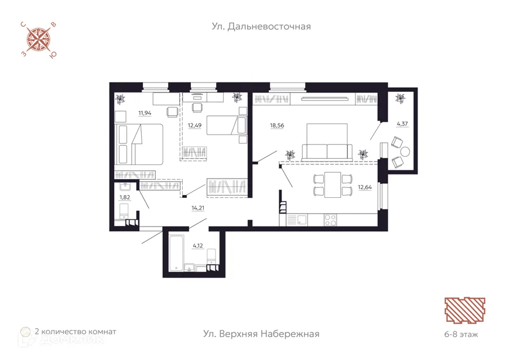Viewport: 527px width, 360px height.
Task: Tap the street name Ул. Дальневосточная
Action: pyautogui.click(x=261, y=26)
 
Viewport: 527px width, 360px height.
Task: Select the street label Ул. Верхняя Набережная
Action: pyautogui.click(x=261, y=334)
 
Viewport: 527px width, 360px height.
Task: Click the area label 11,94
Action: pyautogui.click(x=145, y=113)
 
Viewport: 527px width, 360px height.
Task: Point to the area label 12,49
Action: pyautogui.click(x=194, y=125)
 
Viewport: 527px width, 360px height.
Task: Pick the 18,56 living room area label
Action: pyautogui.click(x=277, y=125)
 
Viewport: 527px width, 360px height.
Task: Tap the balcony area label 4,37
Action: pyautogui.click(x=402, y=124)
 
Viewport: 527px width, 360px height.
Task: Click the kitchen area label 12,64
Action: pyautogui.click(x=365, y=187)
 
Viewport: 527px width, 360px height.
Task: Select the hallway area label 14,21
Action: pyautogui.click(x=198, y=208)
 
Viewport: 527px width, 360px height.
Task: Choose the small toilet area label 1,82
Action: pyautogui.click(x=125, y=197)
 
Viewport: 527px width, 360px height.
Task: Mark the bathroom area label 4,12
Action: pyautogui.click(x=198, y=246)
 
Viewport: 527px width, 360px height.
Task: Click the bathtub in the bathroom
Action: pyautogui.click(x=176, y=253)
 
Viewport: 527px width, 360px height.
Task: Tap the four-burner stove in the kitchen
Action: pyautogui.click(x=330, y=220)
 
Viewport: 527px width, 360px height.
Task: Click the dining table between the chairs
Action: pyautogui.click(x=333, y=184)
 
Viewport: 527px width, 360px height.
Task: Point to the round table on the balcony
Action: pyautogui.click(x=405, y=152)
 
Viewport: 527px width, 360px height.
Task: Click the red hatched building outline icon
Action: pyautogui.click(x=465, y=310)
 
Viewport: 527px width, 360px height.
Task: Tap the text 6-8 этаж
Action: pyautogui.click(x=461, y=334)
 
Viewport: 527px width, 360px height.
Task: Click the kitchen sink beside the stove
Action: pyautogui.click(x=297, y=220)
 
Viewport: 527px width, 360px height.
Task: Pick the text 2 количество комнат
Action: pyautogui.click(x=76, y=332)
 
